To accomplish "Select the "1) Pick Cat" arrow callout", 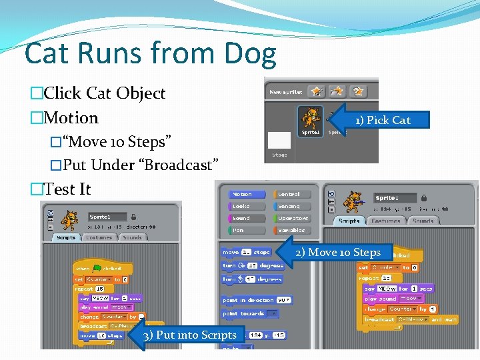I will pos(380,120).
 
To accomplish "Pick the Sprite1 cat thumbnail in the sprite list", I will pos(311,121).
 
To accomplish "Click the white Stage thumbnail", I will pos(279,140).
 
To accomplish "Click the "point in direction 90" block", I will pos(257,300).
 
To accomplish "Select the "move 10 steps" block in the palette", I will pos(246,252).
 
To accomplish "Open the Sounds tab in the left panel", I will pos(132,237).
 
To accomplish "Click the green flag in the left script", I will pos(96,268).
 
